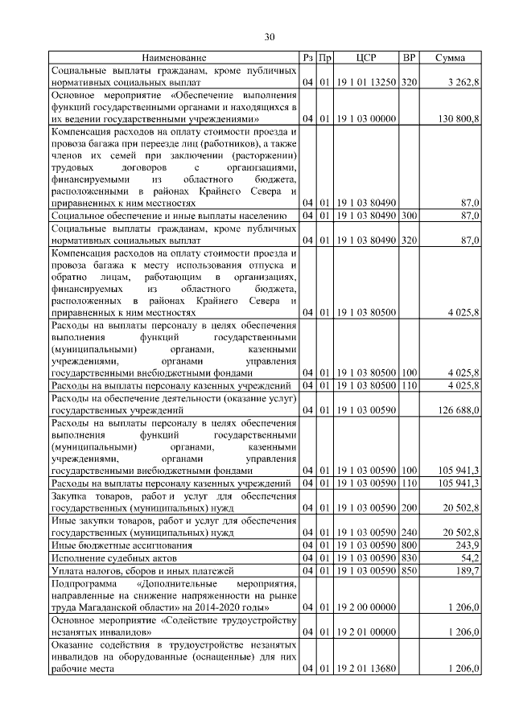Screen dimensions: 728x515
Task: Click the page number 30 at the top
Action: pos(270,36)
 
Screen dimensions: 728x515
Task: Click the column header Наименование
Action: pos(174,58)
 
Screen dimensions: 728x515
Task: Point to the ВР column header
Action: pos(409,58)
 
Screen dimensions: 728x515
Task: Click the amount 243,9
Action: pos(466,545)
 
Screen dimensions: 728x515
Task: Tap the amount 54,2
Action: pos(468,557)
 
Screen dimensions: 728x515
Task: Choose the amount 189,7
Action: pos(466,570)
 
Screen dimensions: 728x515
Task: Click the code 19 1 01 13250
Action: pos(366,82)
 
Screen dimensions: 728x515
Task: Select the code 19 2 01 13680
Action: pos(366,668)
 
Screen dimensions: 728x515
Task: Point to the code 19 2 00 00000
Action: pos(366,607)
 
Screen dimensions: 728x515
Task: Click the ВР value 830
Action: pos(409,557)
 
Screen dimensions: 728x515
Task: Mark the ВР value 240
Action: pos(409,533)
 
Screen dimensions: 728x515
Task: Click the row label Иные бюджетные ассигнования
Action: pos(116,545)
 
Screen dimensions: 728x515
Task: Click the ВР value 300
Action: pos(409,216)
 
